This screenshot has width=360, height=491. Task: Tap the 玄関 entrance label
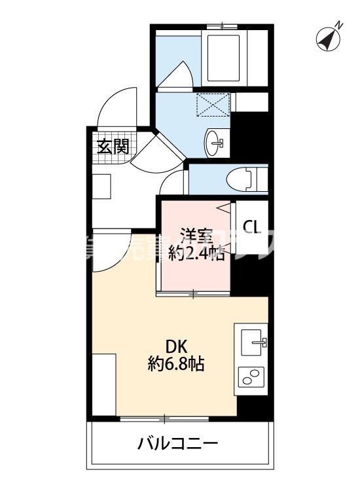[x=113, y=146]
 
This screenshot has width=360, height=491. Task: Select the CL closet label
[x=252, y=227]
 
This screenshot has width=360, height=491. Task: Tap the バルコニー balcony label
[x=177, y=445]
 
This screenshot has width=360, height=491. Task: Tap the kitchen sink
[x=254, y=342]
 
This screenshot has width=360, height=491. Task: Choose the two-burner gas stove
[x=251, y=377]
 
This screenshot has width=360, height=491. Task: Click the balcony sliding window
[x=164, y=416]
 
